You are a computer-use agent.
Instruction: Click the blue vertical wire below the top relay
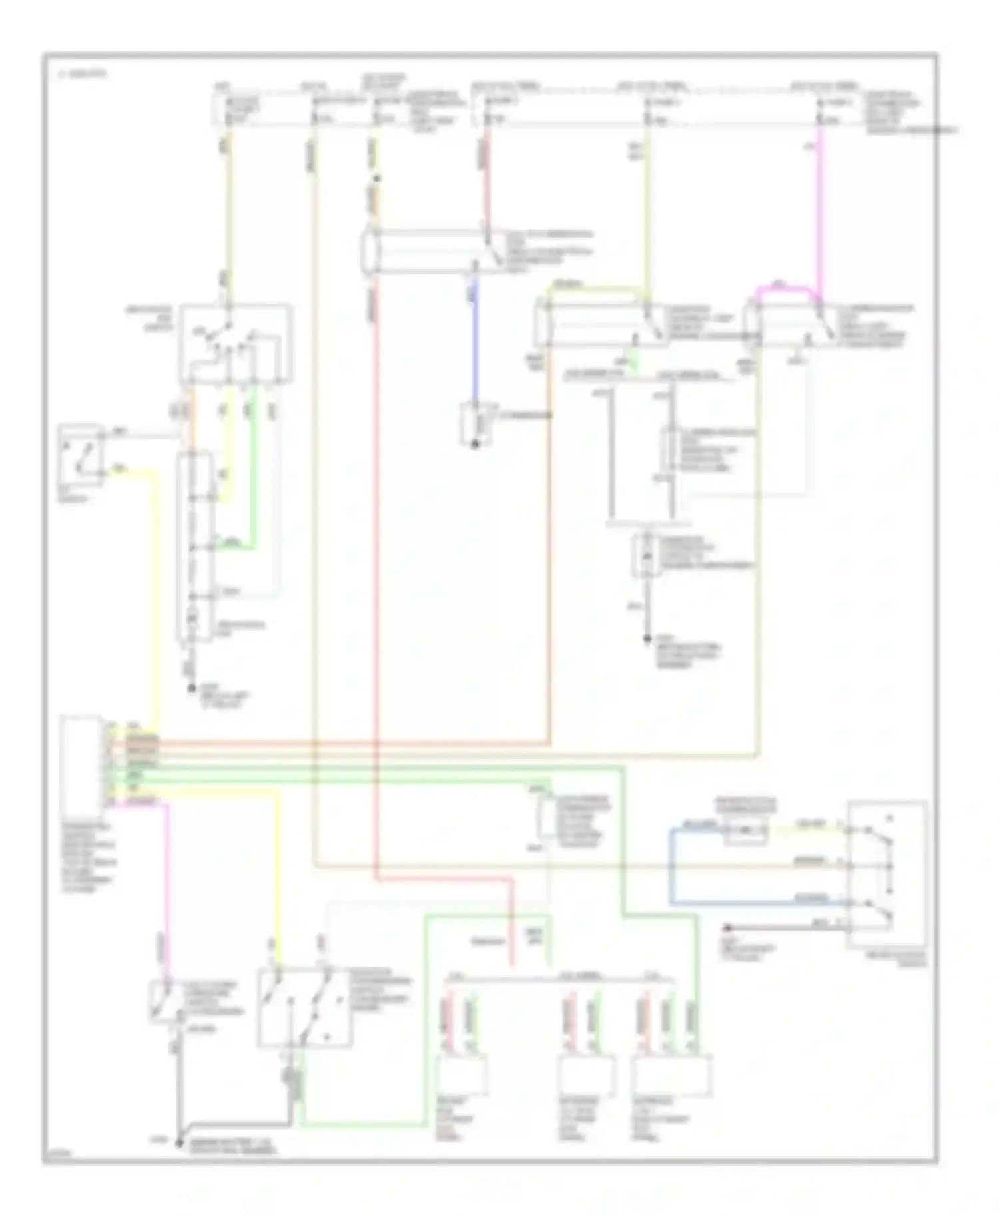(474, 346)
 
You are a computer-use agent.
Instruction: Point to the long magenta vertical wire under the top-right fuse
(820, 213)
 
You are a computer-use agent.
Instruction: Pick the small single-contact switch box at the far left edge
(81, 451)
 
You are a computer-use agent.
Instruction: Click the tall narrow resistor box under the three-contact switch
(195, 546)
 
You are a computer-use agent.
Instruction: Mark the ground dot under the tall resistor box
(190, 688)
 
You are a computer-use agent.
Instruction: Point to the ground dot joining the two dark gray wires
(178, 1144)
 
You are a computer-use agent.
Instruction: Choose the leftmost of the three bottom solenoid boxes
(462, 1074)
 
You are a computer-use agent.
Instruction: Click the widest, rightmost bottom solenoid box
(673, 1074)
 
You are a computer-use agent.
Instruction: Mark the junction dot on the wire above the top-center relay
(377, 178)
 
